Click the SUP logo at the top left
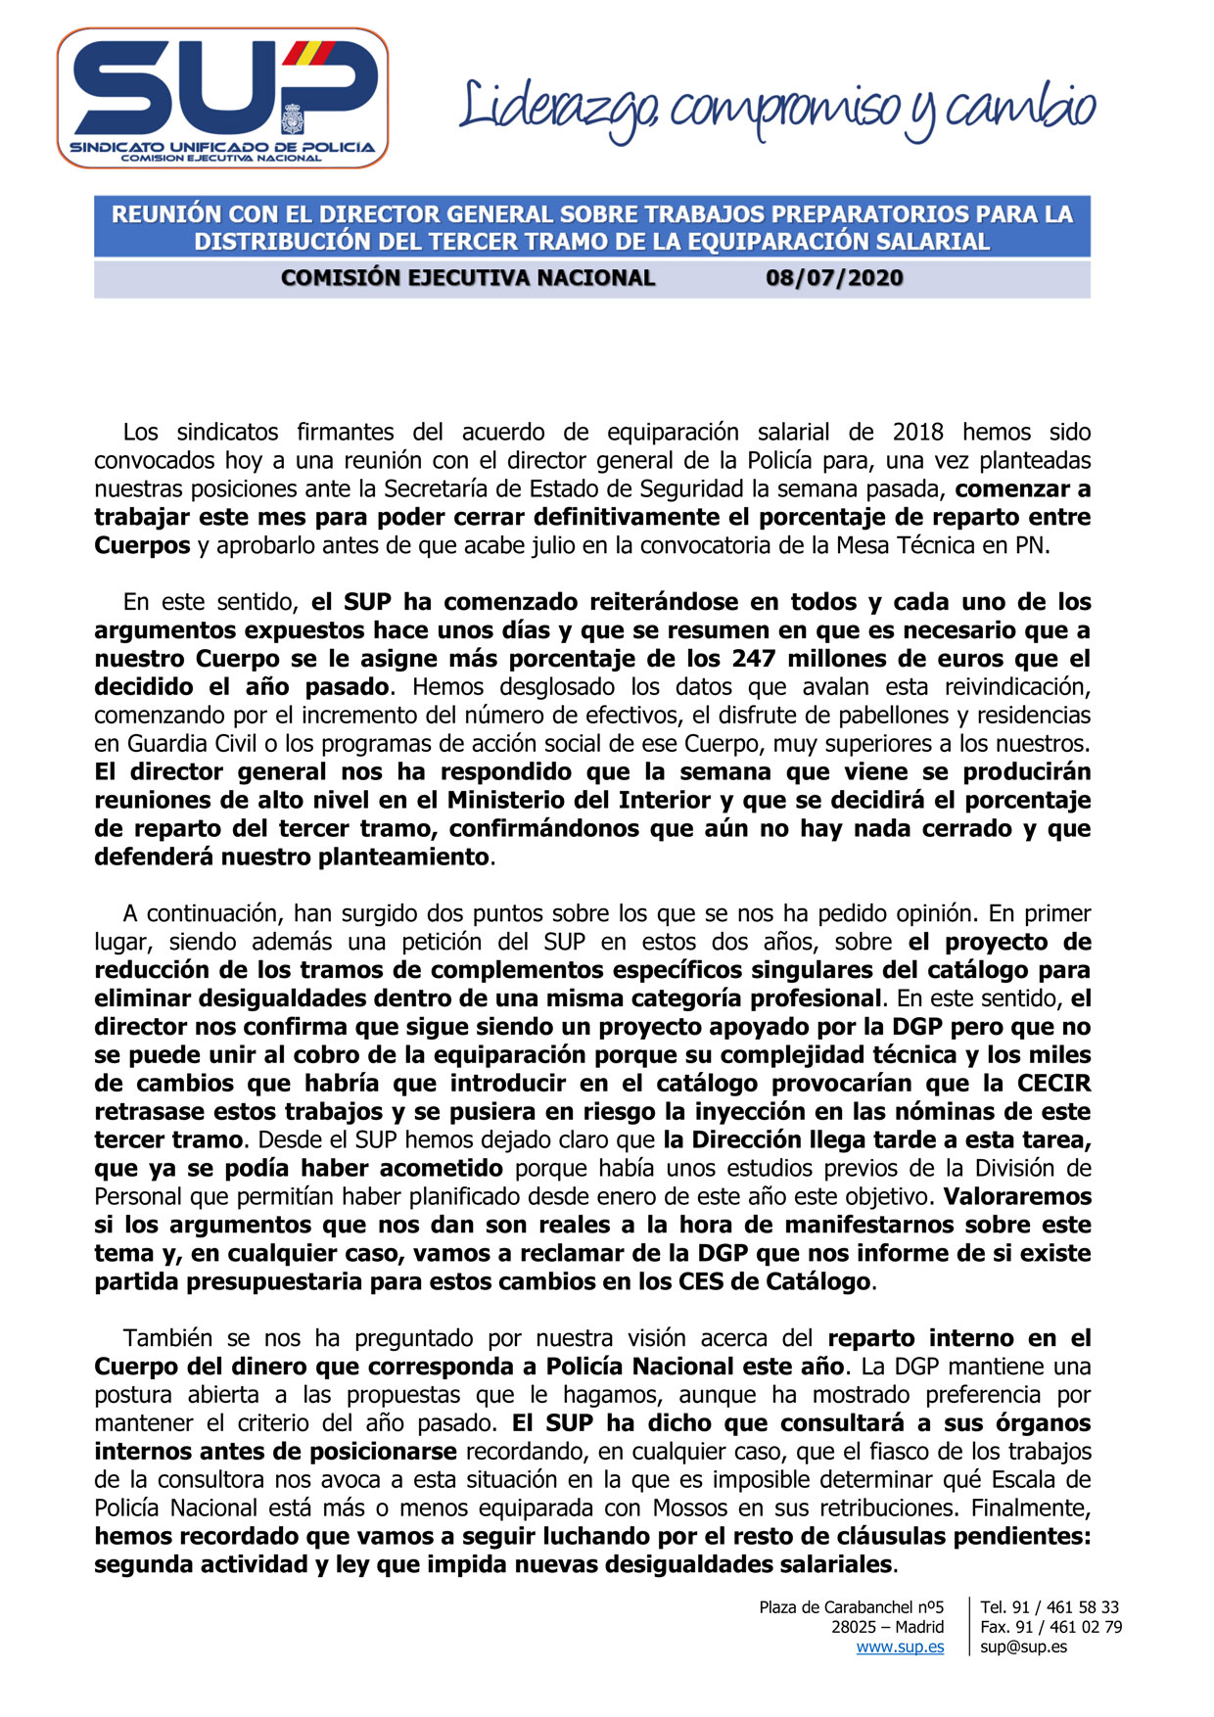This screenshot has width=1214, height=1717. coord(222,98)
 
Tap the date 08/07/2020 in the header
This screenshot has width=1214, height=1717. coord(834,278)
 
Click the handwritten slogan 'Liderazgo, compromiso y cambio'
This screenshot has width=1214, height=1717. coord(777,111)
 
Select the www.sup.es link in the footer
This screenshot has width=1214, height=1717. coord(900,1647)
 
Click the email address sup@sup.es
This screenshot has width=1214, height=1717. coord(1023,1647)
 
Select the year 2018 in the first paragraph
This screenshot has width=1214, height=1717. coord(917,432)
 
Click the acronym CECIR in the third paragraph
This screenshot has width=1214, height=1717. coord(1053,1084)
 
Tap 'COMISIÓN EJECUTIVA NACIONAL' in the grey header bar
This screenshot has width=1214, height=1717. coord(468,278)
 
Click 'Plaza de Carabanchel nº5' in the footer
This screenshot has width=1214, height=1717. coord(851,1606)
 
